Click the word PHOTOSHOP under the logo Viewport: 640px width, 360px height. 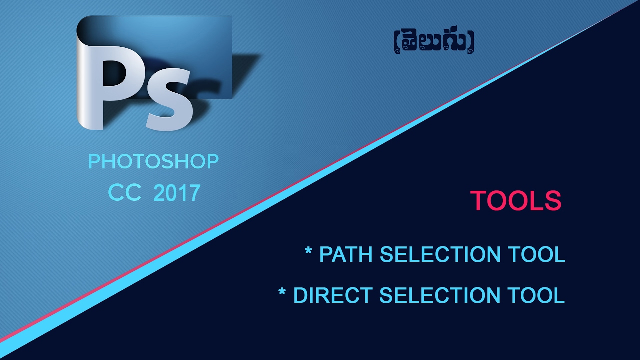click(153, 162)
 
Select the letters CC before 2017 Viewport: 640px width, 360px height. click(125, 193)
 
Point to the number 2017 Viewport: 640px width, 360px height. click(177, 193)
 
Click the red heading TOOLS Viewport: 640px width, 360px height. click(516, 201)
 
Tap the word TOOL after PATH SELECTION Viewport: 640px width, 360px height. click(537, 254)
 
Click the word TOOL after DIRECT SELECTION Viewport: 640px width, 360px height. click(536, 295)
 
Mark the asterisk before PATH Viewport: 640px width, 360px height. click(308, 250)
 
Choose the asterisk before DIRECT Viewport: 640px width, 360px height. click(282, 291)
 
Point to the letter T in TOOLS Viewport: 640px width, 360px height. click(478, 201)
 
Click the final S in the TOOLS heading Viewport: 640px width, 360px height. click(553, 201)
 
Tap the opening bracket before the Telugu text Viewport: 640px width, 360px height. click(396, 43)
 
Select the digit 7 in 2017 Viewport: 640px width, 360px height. click(194, 193)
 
